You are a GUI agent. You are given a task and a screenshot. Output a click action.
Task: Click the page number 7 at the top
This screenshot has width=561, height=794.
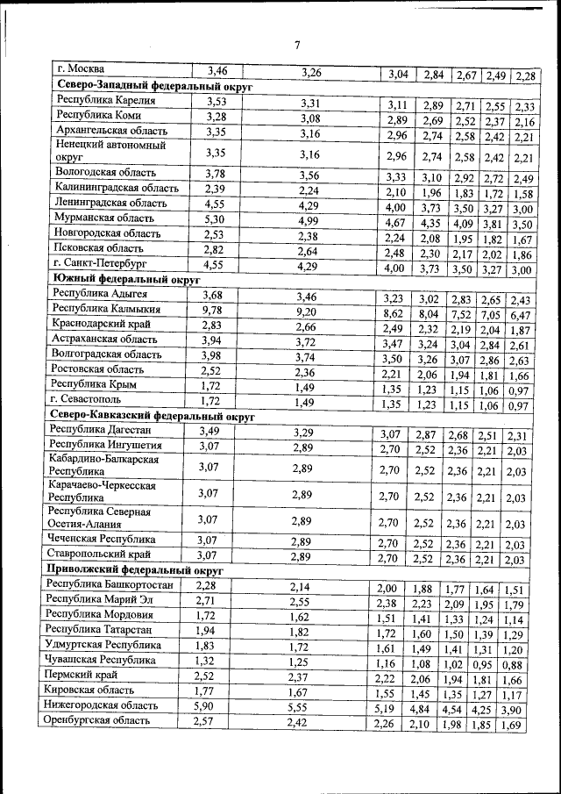[x=296, y=46]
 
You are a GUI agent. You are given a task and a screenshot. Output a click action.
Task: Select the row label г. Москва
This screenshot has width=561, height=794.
[x=80, y=69]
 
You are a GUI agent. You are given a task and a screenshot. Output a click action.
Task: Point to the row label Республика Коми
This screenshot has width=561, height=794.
[x=98, y=116]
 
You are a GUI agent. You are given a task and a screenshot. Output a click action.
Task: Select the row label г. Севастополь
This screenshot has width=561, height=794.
[x=90, y=399]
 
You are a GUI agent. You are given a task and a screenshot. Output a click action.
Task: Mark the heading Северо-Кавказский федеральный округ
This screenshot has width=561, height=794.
[x=153, y=416]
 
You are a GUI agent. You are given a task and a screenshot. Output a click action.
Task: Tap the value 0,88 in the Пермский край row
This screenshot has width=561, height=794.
[x=513, y=665]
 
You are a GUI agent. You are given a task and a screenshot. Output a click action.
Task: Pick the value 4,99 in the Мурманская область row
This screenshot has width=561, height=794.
[x=309, y=220]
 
